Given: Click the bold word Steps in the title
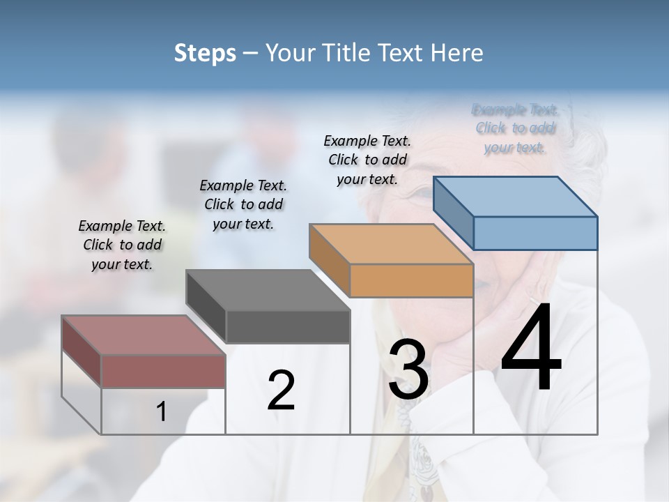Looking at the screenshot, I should tap(205, 53).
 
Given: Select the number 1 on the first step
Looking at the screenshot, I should tap(162, 412).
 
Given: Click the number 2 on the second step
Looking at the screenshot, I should tap(281, 391).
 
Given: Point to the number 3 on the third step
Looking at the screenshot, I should tap(408, 370).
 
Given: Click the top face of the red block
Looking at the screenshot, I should tap(143, 335).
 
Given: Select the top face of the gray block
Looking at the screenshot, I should tap(268, 290).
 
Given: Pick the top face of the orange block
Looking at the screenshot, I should tap(391, 244).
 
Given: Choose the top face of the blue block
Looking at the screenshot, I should tap(515, 197).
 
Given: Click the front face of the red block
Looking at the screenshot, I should tap(163, 371).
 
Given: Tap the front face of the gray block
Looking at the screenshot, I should tap(288, 327).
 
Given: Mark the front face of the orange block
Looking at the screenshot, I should tap(411, 280).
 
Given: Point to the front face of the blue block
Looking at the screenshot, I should tap(535, 233).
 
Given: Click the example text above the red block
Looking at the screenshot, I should tap(122, 245).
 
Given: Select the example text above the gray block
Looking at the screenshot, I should tap(243, 205).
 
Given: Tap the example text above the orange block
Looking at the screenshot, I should tap(367, 160).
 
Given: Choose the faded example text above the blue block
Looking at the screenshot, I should tap(515, 128).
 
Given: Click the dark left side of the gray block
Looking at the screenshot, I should tap(206, 307).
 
